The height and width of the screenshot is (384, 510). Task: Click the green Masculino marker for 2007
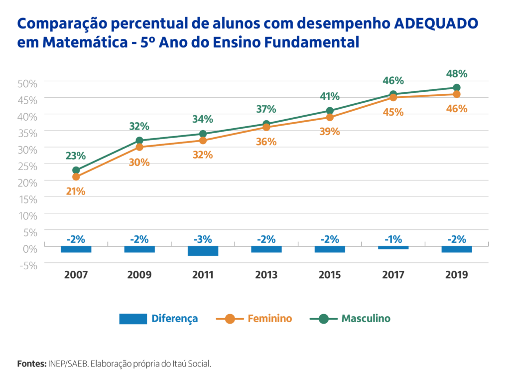(x=76, y=170)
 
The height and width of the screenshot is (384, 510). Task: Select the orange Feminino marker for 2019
(x=457, y=94)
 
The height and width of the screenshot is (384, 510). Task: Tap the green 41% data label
(x=330, y=96)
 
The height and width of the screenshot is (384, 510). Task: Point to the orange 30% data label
(x=139, y=162)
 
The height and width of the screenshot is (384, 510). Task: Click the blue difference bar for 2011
(x=203, y=250)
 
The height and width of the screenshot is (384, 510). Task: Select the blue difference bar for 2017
(x=393, y=247)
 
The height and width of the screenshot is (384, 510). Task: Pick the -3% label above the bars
(x=203, y=239)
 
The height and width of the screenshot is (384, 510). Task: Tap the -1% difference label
(x=393, y=239)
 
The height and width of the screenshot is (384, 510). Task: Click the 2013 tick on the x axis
(x=266, y=275)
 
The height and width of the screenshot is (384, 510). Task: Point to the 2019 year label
(x=457, y=275)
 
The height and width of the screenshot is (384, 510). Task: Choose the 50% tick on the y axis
(x=28, y=83)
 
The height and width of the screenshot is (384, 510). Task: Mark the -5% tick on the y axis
(x=28, y=265)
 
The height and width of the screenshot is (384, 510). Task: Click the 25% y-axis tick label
(x=28, y=166)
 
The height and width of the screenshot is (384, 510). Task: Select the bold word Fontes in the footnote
(x=32, y=364)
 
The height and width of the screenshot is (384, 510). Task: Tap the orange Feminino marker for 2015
(x=330, y=118)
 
